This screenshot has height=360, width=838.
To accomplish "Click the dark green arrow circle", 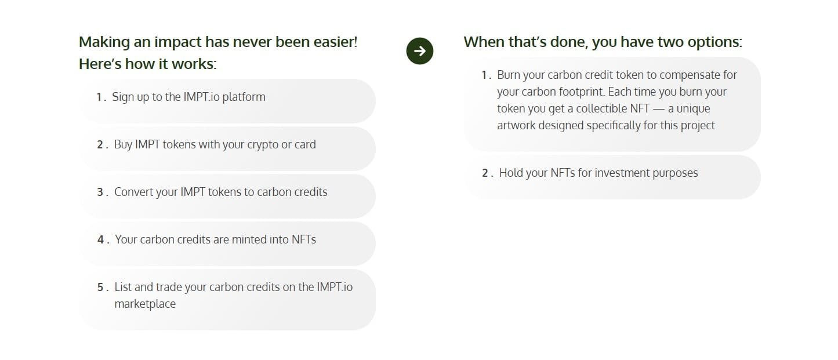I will coord(420,51).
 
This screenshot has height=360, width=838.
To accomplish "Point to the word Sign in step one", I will coord(123,97).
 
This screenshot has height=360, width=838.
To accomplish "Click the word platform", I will coord(244,97).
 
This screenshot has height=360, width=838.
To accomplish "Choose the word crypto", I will coord(263,144).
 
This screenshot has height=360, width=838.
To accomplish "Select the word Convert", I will coord(135,192).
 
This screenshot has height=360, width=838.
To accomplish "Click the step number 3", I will coord(100,192).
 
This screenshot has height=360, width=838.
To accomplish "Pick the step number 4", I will coord(101,240).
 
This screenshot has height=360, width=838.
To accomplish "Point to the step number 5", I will coord(100,288).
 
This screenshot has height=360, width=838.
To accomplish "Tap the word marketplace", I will coord(145,304).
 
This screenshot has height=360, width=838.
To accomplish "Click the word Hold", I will coord(511,173).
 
